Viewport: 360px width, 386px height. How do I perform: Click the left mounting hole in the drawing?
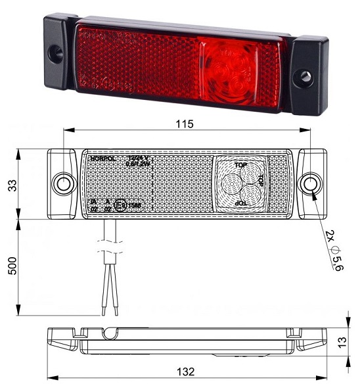point(64,183)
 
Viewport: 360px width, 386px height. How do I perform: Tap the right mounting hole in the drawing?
point(308,182)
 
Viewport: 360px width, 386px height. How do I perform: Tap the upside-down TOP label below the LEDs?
point(242,204)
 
